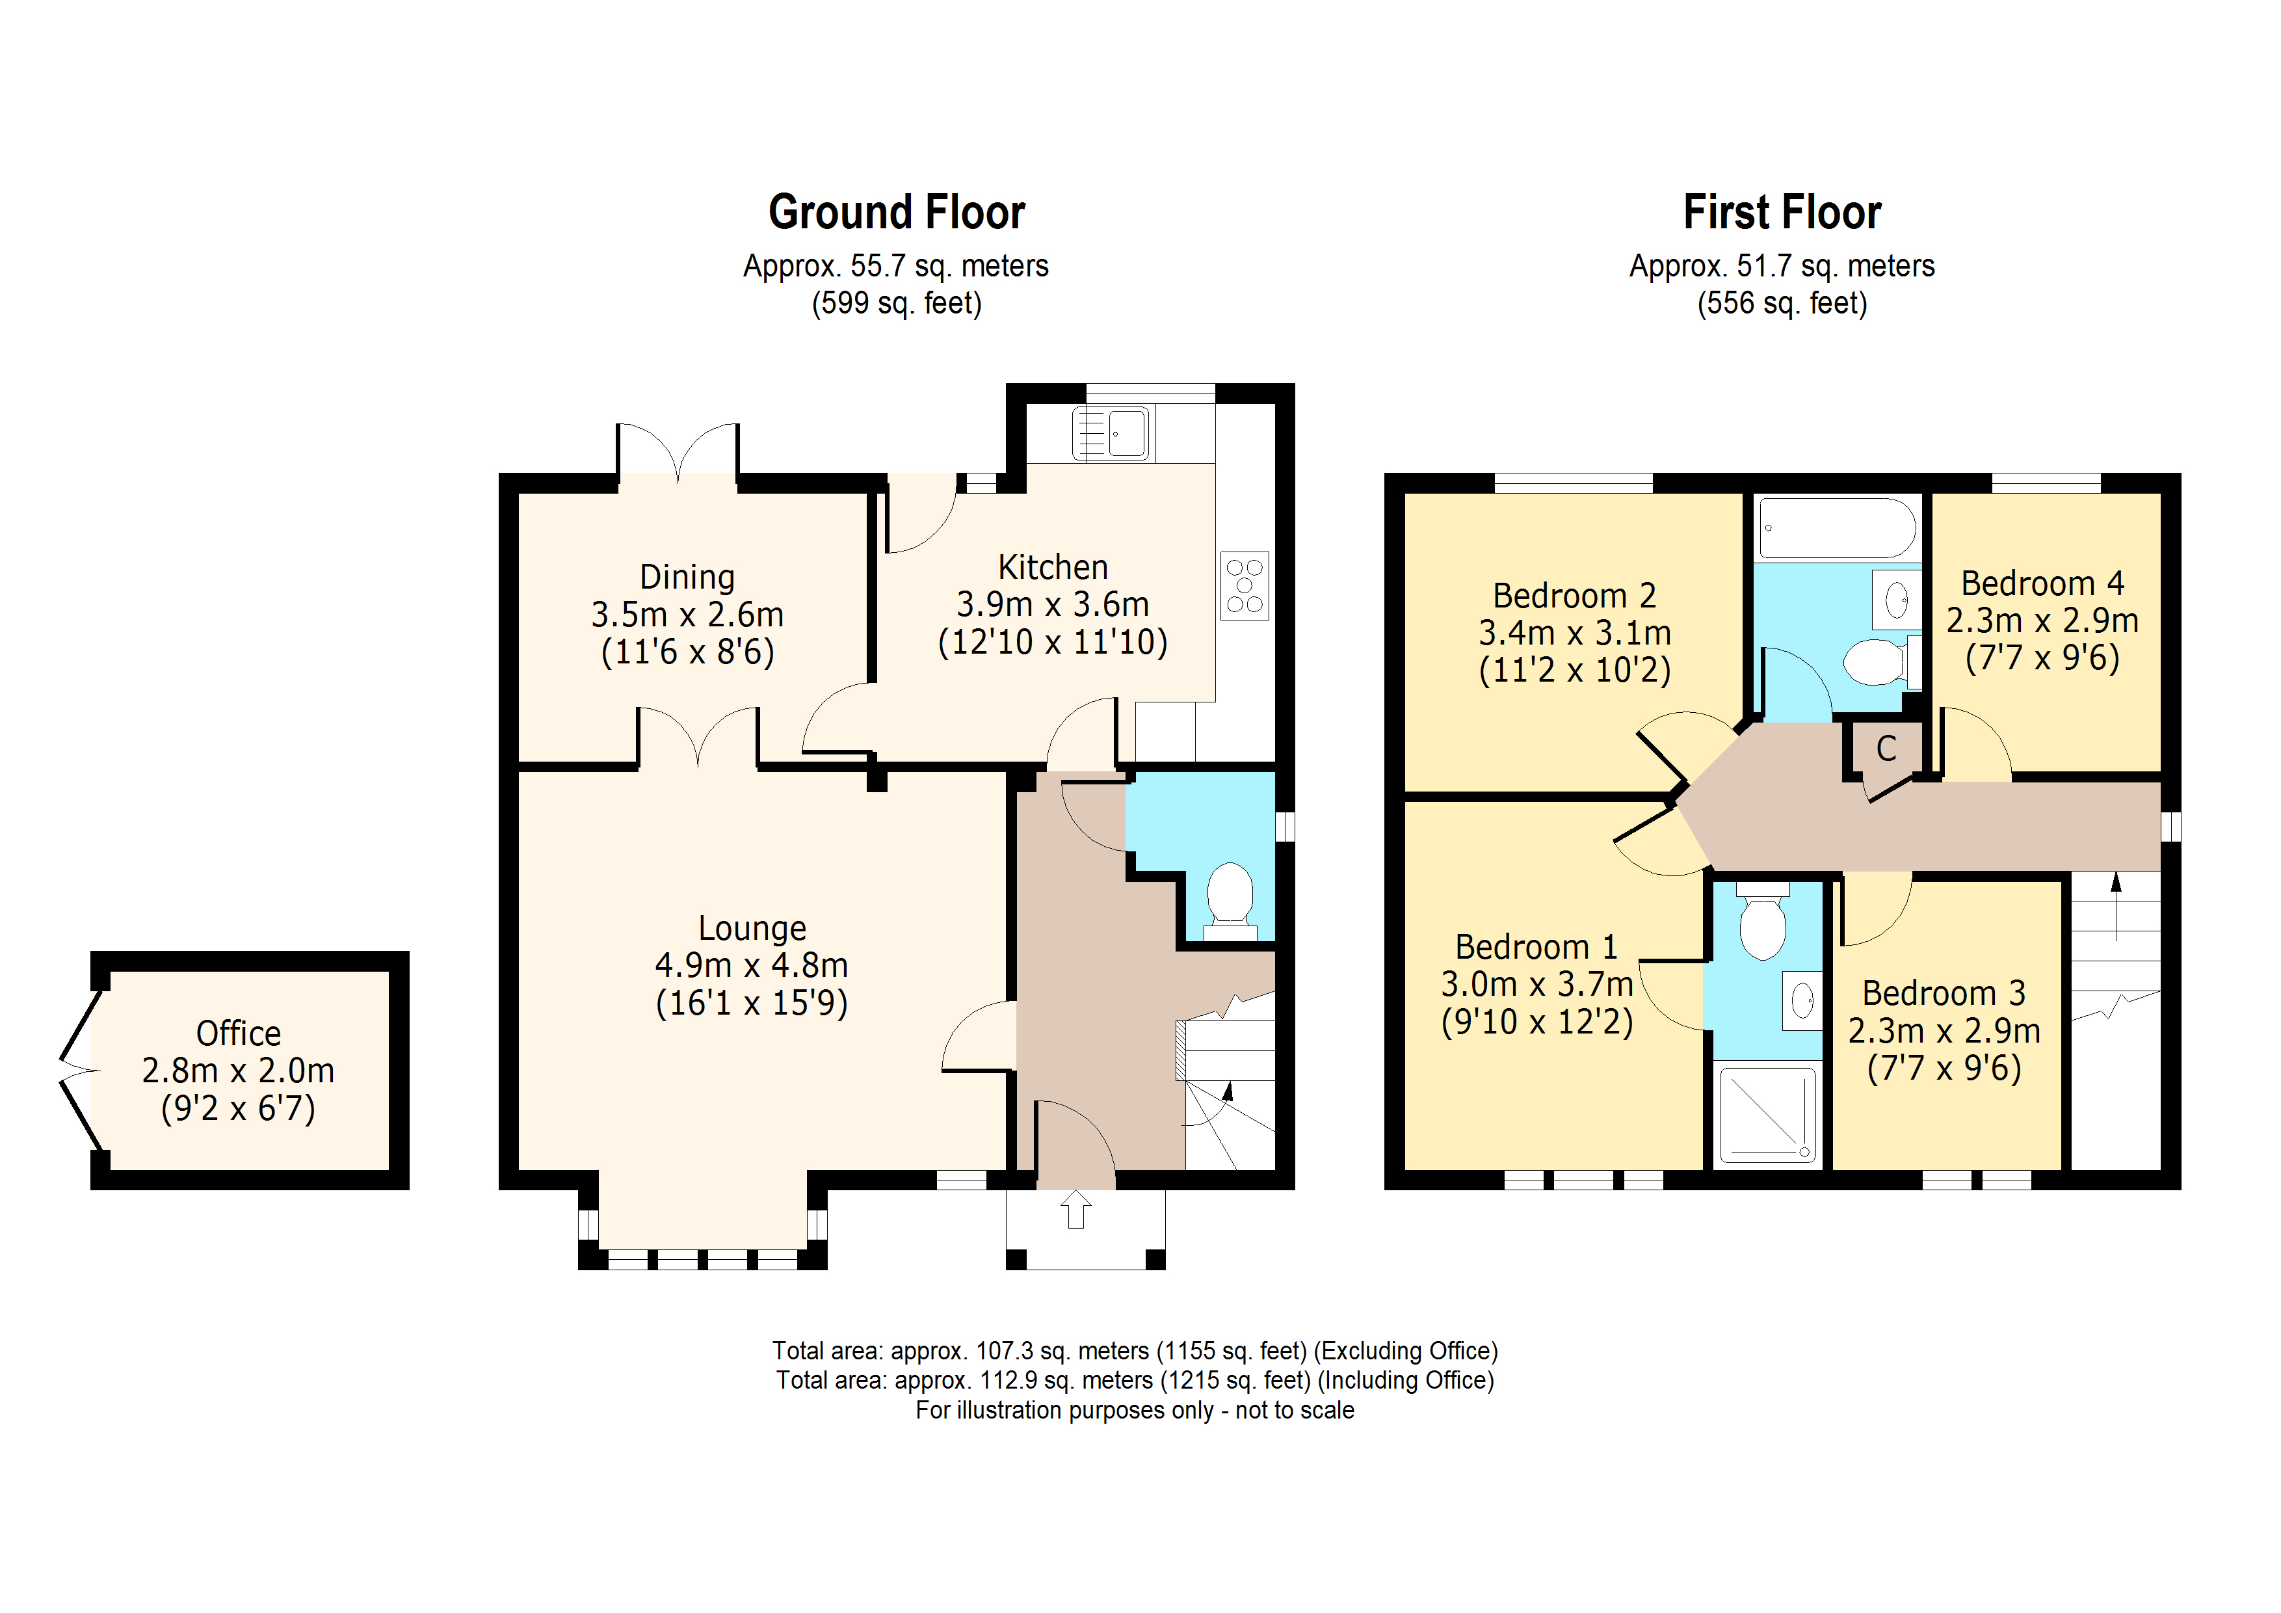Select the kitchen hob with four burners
tap(1245, 585)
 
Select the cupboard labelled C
tap(1884, 751)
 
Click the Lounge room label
tap(752, 927)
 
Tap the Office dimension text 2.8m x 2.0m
tap(239, 1071)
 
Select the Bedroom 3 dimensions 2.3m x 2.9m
tap(1944, 1031)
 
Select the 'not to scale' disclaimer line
tap(1135, 1410)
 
